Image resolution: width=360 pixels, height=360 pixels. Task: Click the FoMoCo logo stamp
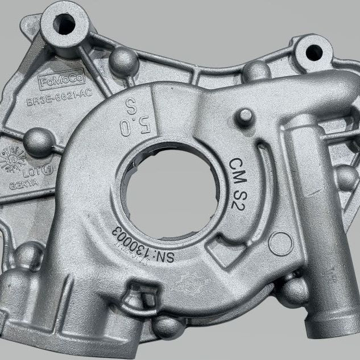62,81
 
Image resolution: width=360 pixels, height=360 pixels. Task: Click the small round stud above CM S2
245,117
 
